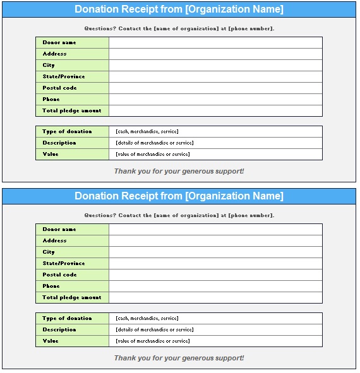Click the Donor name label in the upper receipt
59,42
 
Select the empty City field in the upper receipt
215,65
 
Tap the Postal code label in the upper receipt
60,88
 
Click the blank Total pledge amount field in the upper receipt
215,110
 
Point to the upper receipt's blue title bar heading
179,9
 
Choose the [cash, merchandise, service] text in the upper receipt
147,131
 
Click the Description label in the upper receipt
59,143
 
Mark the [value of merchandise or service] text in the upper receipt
153,154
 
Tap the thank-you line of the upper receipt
179,171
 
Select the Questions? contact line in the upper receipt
179,28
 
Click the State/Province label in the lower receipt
64,263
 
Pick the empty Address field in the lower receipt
215,240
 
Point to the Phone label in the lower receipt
51,286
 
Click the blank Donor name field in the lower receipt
215,229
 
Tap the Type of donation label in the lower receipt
67,318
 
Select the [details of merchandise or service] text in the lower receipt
155,329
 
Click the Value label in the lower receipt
51,341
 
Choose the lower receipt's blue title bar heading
179,196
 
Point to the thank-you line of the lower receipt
179,358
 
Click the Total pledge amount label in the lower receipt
72,297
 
